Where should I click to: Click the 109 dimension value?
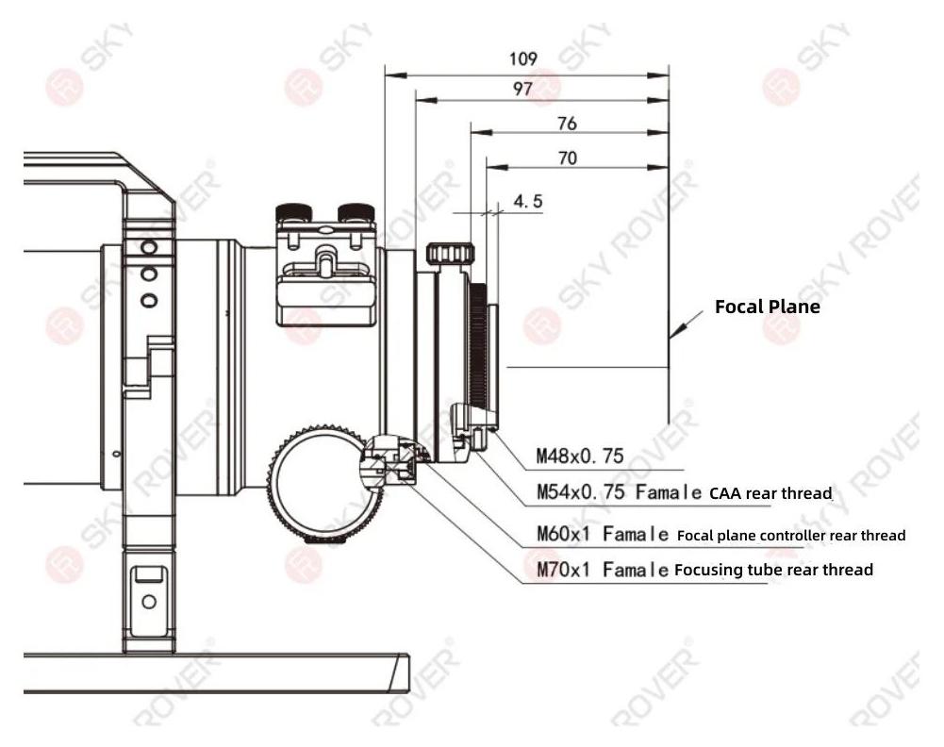(x=522, y=58)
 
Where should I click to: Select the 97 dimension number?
(x=522, y=89)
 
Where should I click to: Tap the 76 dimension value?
(x=567, y=124)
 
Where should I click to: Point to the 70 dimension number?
(x=567, y=158)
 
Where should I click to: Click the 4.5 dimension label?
(x=528, y=201)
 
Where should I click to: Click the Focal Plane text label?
(x=767, y=307)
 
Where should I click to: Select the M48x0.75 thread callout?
(x=580, y=456)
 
